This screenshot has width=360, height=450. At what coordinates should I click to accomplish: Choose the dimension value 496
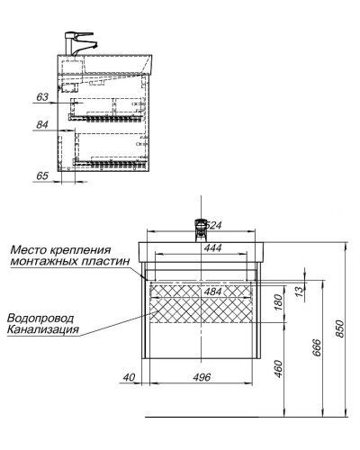(x=202, y=376)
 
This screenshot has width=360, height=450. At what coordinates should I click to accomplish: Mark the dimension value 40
(x=130, y=376)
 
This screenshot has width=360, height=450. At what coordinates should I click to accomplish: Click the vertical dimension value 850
(x=338, y=330)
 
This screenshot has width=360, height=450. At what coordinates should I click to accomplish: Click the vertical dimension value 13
(x=297, y=292)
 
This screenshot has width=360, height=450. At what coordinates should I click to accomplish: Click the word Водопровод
(x=39, y=319)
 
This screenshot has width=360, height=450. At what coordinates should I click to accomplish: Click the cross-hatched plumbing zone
(x=205, y=304)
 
